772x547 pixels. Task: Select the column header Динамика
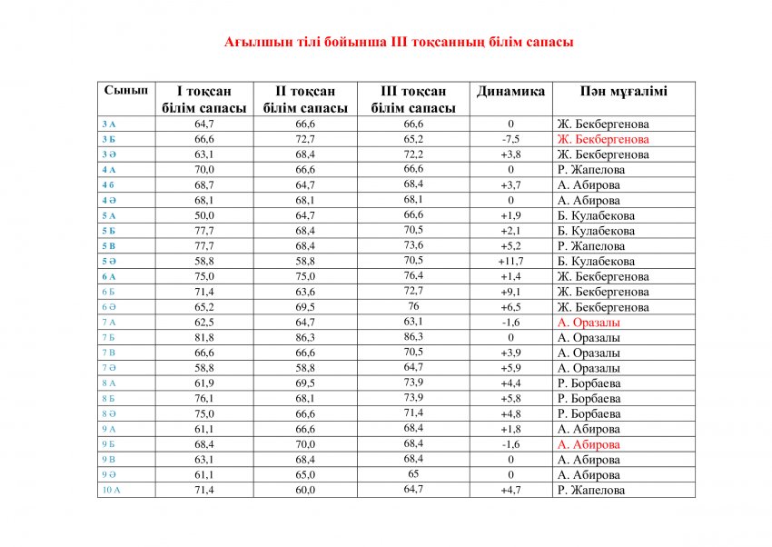(510, 92)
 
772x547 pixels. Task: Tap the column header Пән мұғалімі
(624, 92)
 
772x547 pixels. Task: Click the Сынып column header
(125, 92)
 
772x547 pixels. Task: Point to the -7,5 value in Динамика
(510, 139)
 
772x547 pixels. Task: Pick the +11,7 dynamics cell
(510, 262)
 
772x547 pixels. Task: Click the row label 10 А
(109, 490)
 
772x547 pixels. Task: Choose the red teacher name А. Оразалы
(589, 323)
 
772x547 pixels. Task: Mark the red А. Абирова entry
(589, 444)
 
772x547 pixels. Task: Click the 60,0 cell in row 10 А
(305, 490)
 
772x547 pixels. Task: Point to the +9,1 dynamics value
(510, 292)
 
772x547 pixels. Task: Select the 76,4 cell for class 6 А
(413, 276)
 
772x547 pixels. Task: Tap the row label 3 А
(109, 124)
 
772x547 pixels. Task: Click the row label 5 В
(109, 246)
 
